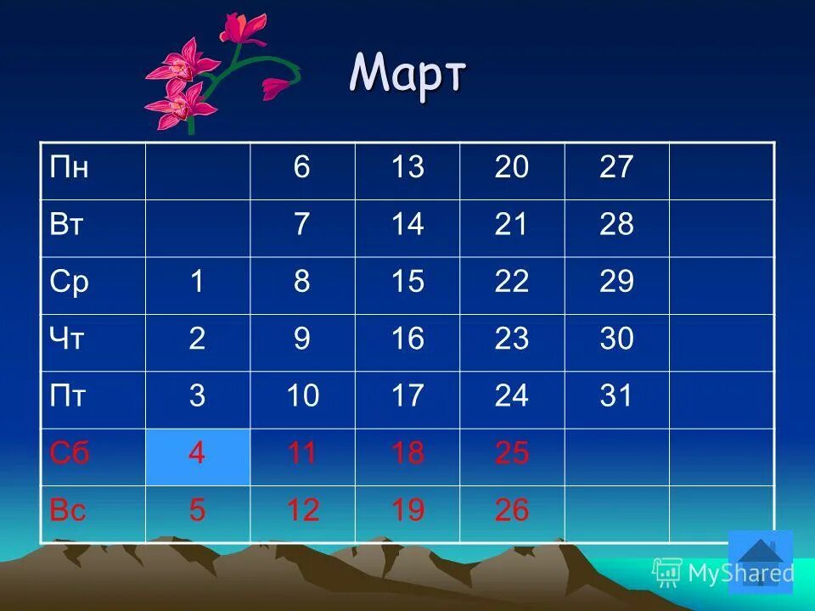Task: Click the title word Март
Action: [x=407, y=75]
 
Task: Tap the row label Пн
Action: [x=70, y=168]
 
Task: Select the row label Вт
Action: [x=68, y=226]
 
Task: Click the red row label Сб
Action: [x=70, y=453]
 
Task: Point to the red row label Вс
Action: [x=68, y=510]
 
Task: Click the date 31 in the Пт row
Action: [x=616, y=396]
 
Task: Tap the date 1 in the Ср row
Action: [x=197, y=282]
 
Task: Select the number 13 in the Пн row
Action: [x=407, y=168]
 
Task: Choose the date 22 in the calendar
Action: [x=512, y=282]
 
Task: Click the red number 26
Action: [x=512, y=510]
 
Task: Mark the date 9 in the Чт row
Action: [x=302, y=339]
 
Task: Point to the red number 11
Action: [x=302, y=453]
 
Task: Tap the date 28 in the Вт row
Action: [x=616, y=226]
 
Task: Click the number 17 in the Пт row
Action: [x=407, y=396]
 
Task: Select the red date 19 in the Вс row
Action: [x=407, y=510]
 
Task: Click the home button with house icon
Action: [x=760, y=561]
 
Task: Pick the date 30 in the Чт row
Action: [x=616, y=339]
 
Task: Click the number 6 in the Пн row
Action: [x=302, y=168]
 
